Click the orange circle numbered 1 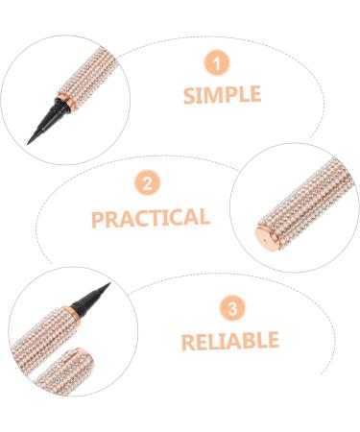[x=220, y=63]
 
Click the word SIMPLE [x=221, y=96]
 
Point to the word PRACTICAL [x=151, y=217]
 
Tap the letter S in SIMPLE [x=188, y=96]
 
